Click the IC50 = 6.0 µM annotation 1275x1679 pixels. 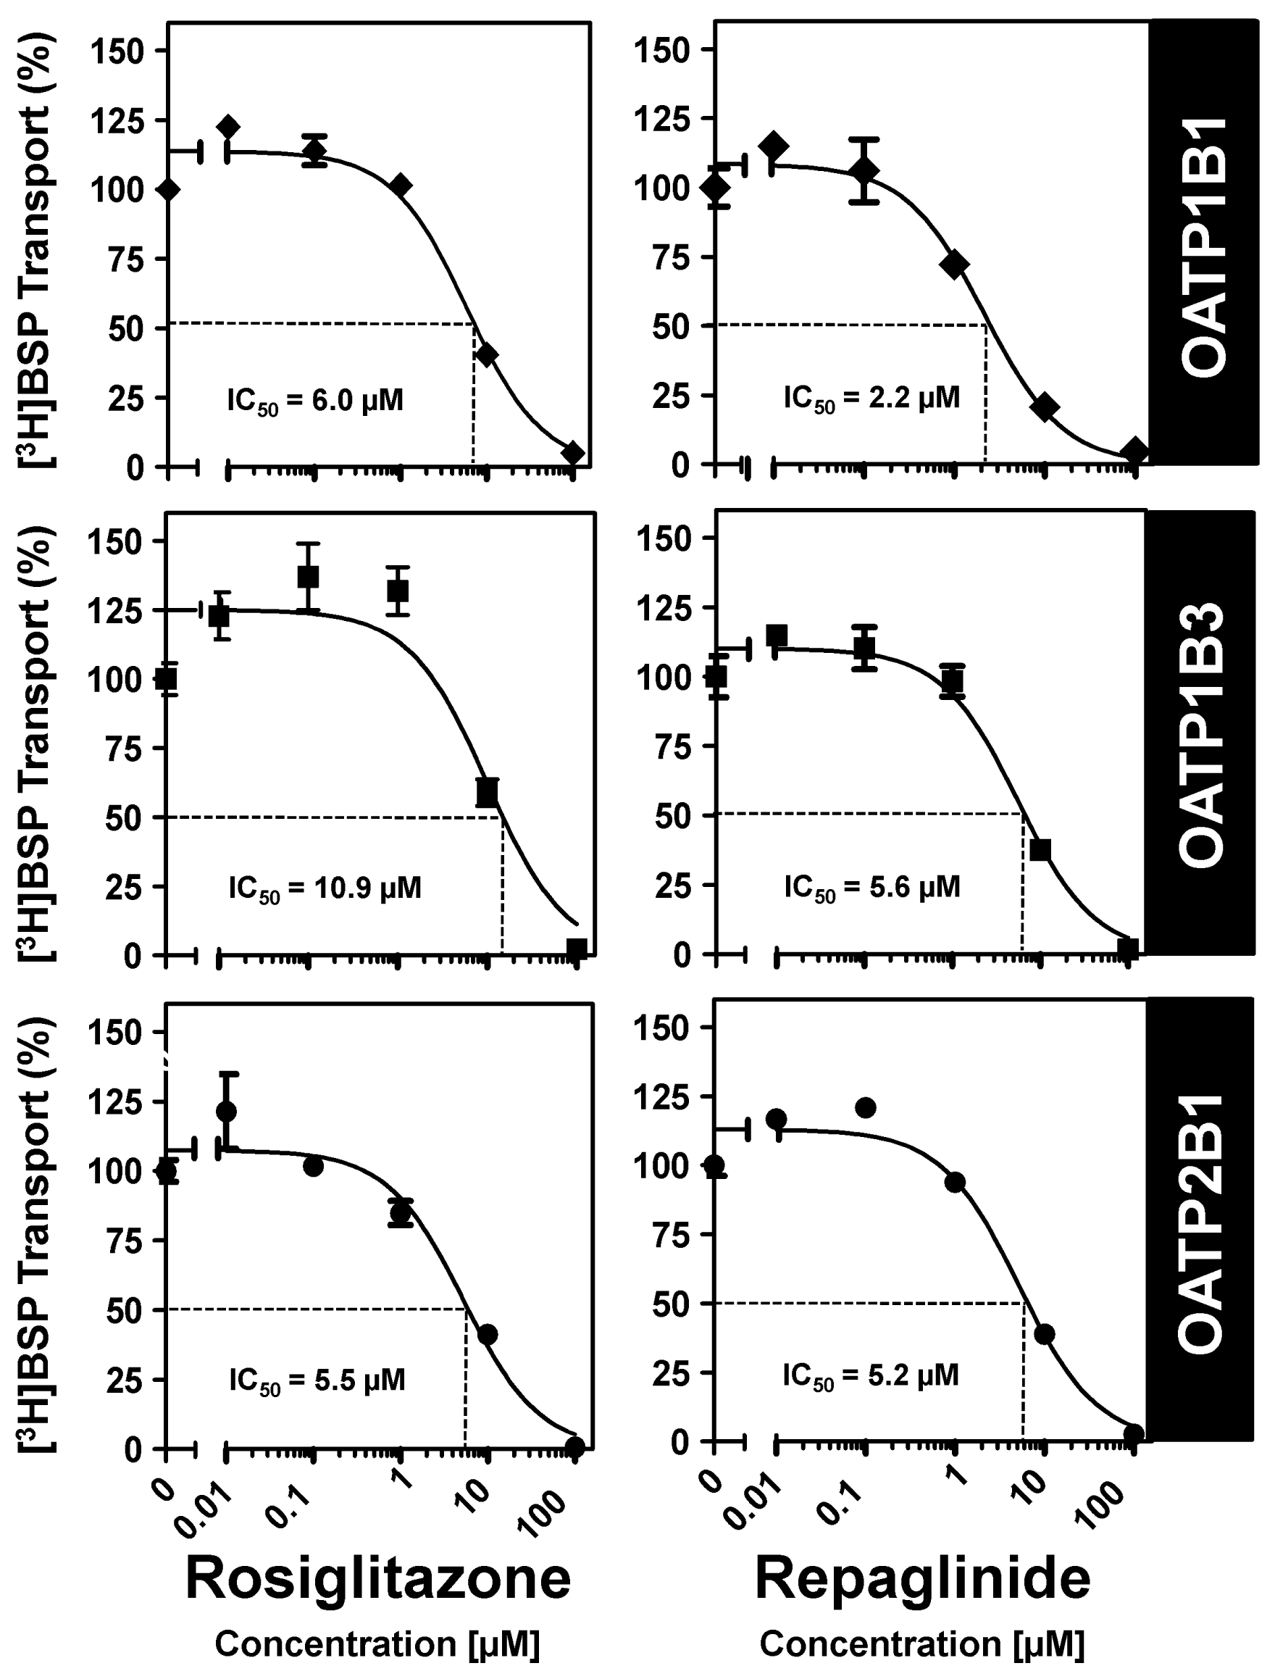[315, 400]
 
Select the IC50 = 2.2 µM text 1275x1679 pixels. [871, 398]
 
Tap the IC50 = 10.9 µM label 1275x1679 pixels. [325, 887]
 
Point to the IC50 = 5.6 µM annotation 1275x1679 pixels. [872, 886]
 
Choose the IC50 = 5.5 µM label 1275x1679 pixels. [317, 1379]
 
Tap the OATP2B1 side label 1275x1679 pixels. [1204, 1222]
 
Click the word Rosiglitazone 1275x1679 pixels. [377, 1578]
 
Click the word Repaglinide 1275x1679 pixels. [922, 1578]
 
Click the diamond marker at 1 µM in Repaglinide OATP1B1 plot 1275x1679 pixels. [955, 265]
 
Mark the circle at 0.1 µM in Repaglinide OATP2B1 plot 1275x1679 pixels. [866, 1107]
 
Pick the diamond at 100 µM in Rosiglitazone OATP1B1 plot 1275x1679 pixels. [574, 453]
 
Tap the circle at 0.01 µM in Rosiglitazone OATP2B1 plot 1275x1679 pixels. [226, 1111]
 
